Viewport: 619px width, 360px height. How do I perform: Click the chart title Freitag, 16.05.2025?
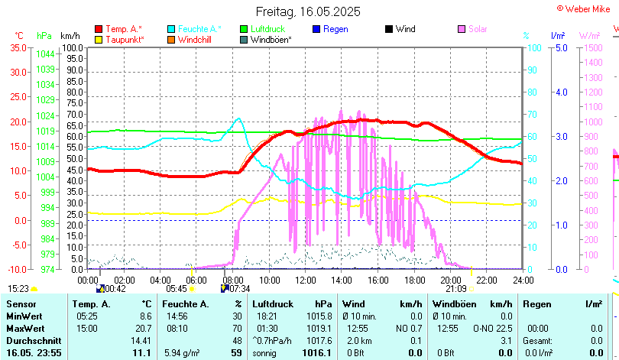pos(309,12)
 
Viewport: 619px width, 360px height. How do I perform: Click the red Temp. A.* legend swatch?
pos(99,29)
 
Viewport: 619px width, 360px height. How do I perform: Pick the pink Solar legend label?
pos(478,29)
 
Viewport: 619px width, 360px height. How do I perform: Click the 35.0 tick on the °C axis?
pos(18,47)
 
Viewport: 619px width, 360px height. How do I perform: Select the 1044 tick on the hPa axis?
pos(45,54)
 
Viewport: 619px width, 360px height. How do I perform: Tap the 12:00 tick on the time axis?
pos(305,281)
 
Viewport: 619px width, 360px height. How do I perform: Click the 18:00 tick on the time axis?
pos(414,281)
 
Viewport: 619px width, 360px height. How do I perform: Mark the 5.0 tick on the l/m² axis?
pos(561,47)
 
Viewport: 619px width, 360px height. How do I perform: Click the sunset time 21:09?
pos(456,288)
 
